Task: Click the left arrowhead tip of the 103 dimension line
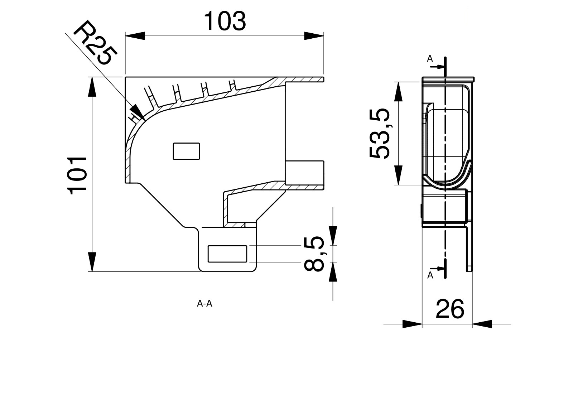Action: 125,36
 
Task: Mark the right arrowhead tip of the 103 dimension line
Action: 324,36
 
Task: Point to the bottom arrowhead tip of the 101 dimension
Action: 92,271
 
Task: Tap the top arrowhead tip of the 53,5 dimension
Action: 399,82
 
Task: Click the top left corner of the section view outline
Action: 125,77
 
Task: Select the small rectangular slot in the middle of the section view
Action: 187,151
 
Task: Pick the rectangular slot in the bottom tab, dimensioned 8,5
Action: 227,254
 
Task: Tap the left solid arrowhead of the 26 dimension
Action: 412,324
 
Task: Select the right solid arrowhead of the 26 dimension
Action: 482,324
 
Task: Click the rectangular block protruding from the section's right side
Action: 304,173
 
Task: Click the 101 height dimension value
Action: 77,175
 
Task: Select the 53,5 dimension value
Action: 379,133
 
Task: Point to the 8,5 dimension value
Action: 314,253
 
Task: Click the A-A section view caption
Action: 204,303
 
